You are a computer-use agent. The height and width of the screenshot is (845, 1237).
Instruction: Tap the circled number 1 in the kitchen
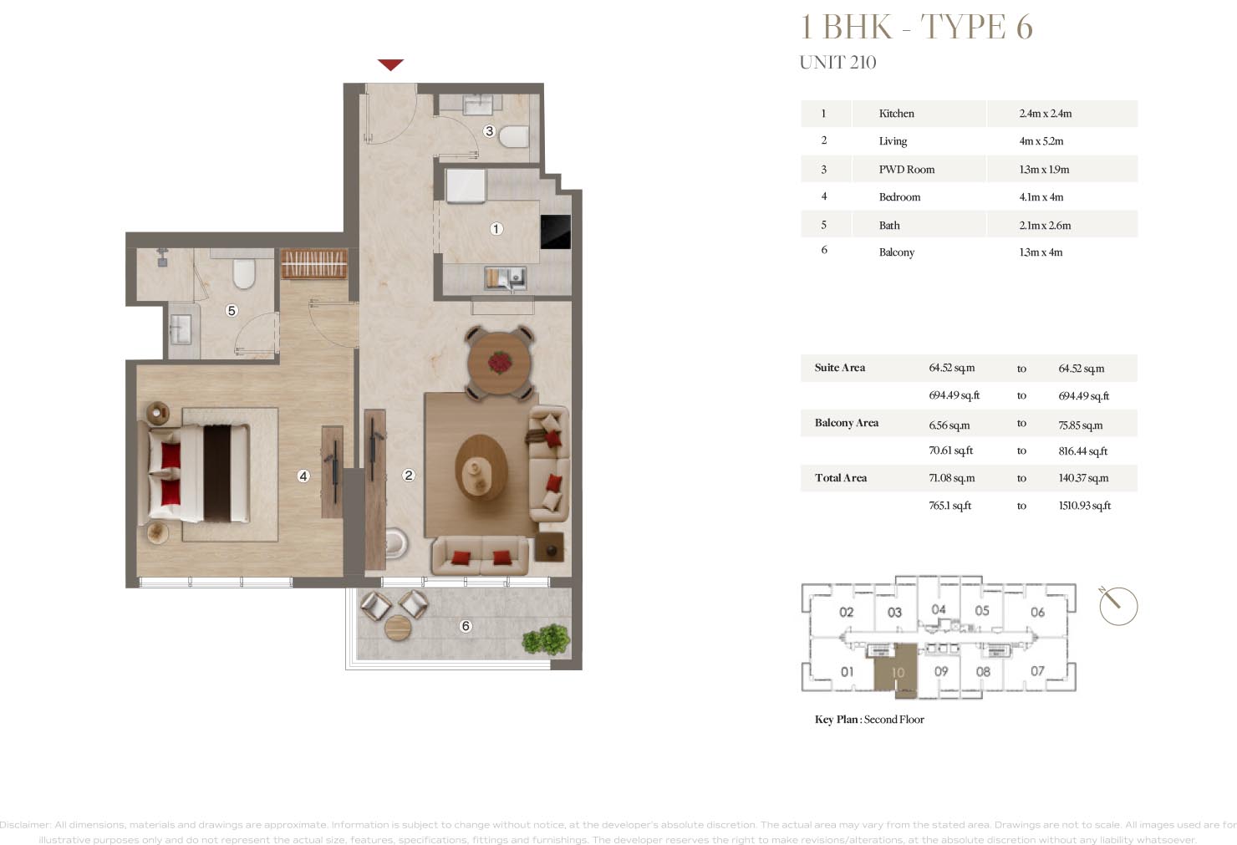tap(496, 229)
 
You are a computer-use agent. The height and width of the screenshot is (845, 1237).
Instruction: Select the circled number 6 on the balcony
tap(466, 626)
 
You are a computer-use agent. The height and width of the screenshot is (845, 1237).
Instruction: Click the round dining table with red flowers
tap(500, 363)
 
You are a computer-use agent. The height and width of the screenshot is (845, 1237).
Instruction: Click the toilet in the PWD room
tap(514, 136)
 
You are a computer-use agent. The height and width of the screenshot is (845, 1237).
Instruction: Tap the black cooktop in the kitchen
tap(556, 232)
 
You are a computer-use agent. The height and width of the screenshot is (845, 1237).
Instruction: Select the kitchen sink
tap(506, 276)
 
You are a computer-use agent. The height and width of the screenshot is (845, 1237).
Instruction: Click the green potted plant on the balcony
tap(546, 640)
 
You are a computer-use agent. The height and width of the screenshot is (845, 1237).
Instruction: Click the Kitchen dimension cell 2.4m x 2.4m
tap(1045, 114)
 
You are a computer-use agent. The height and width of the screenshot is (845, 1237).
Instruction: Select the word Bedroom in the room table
tap(899, 197)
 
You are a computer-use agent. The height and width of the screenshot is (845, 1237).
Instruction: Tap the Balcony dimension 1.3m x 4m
tap(1041, 252)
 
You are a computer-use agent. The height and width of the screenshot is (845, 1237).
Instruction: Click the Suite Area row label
tap(840, 368)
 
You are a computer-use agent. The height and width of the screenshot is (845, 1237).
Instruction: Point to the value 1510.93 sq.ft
tap(1084, 506)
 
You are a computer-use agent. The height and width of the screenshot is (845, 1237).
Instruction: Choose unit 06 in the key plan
tap(1037, 612)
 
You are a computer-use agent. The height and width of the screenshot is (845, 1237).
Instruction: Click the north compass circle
tap(1118, 606)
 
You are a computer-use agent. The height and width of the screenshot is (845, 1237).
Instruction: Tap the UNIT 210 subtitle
tap(837, 63)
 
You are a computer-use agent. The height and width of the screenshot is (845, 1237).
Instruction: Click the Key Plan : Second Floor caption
tap(869, 720)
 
